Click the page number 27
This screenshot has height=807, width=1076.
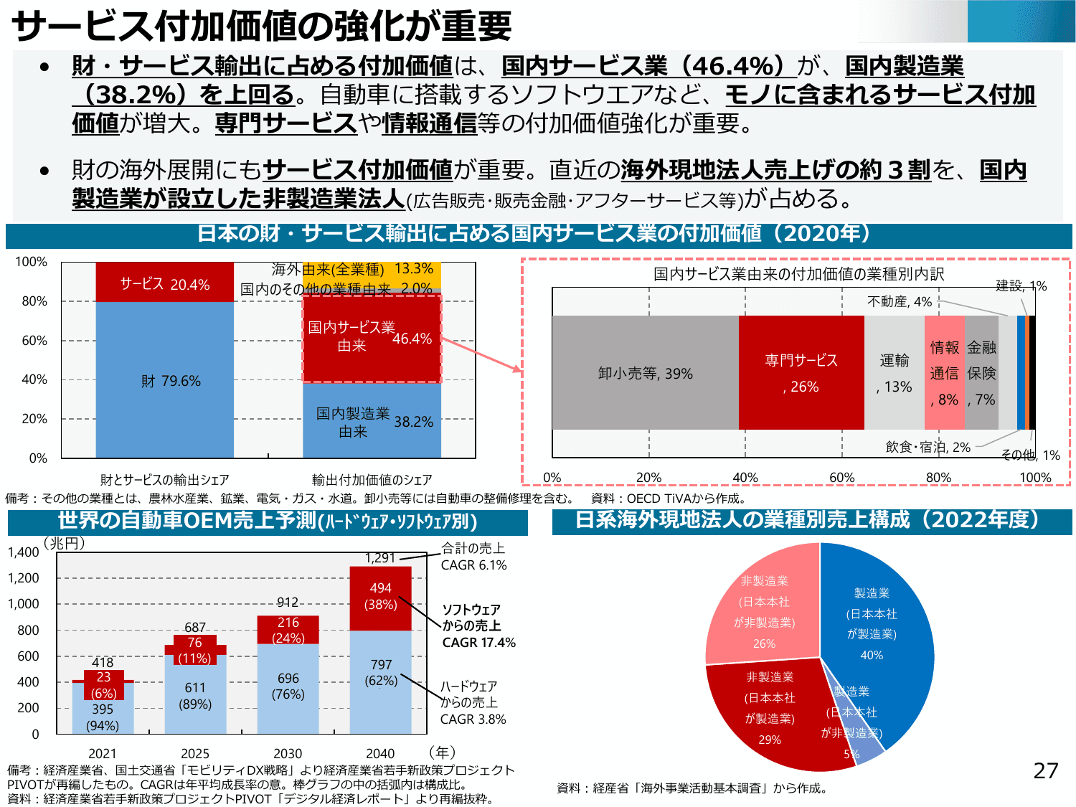tap(1045, 770)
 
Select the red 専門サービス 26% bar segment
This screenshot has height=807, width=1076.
tap(801, 373)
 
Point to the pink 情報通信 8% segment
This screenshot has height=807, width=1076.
tap(944, 373)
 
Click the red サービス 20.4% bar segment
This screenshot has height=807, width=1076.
tap(164, 283)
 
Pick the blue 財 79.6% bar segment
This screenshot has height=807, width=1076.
tap(164, 380)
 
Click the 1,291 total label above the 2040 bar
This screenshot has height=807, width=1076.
tap(379, 558)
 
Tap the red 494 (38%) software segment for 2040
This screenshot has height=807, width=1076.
tap(380, 597)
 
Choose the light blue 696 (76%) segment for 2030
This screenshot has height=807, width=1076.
tap(288, 686)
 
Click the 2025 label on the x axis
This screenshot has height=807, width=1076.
tap(195, 753)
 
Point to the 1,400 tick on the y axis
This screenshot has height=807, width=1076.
tap(24, 552)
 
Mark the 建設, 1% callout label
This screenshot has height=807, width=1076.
tap(1021, 286)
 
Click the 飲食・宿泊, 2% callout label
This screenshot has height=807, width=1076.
tap(928, 447)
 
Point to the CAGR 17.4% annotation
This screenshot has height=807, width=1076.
tap(478, 643)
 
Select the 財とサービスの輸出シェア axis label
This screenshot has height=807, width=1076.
tap(164, 480)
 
